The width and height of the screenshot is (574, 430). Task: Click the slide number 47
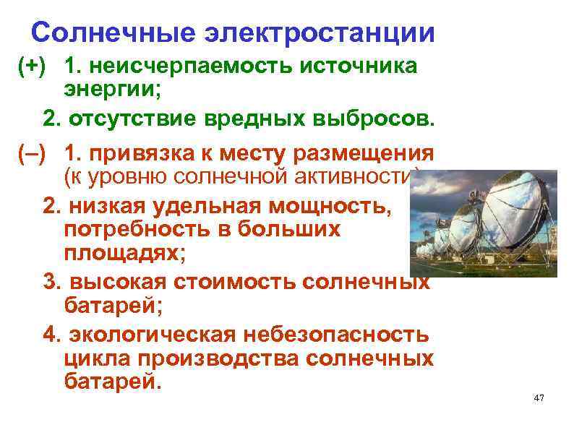click(537, 399)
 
